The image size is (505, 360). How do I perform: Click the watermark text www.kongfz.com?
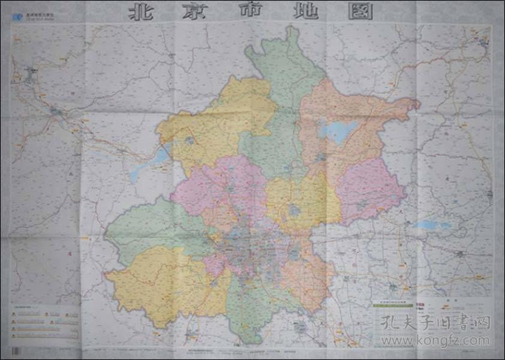(435, 340)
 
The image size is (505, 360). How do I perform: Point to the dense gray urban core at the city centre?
(252, 246)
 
